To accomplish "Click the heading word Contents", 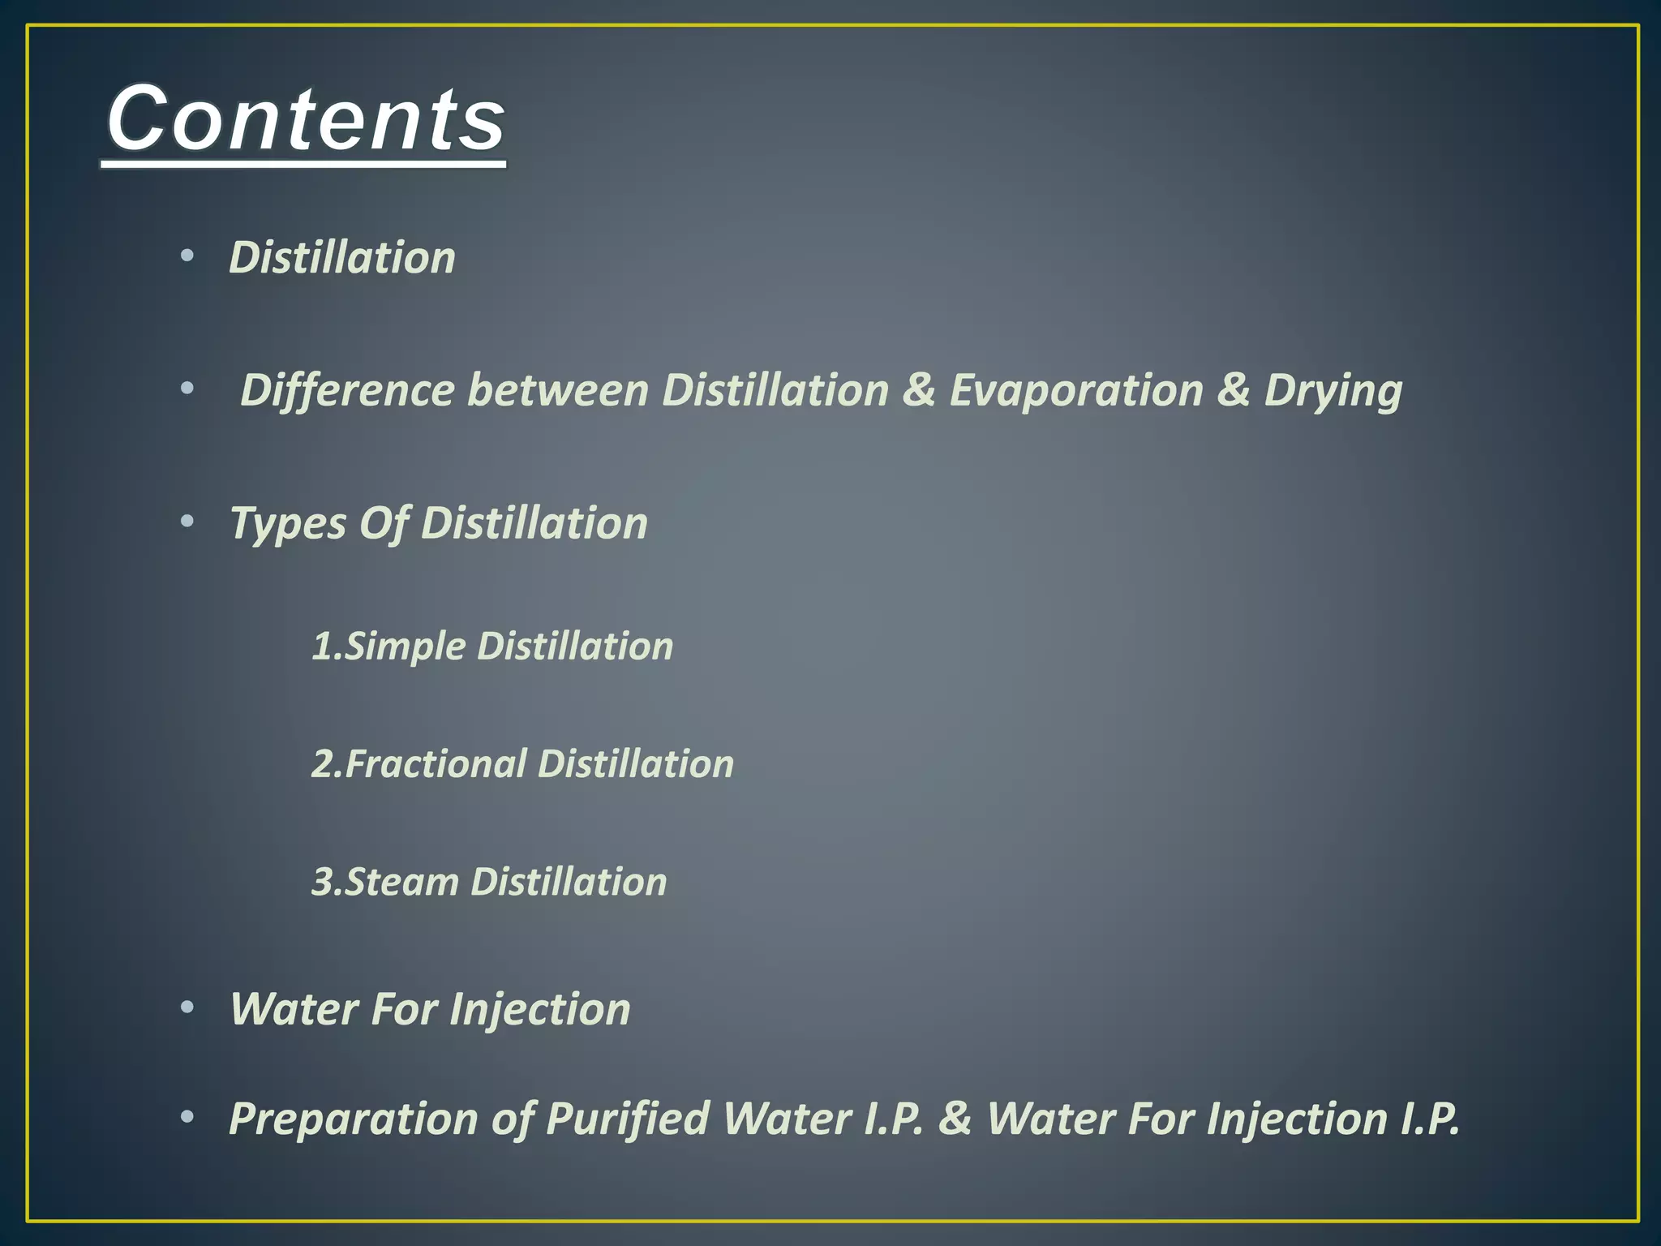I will tap(306, 120).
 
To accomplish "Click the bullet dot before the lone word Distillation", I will tap(187, 256).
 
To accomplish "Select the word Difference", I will tap(348, 390).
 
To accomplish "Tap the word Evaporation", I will tap(1076, 390).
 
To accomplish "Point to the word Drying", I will tap(1333, 392).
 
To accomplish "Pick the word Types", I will tap(288, 524).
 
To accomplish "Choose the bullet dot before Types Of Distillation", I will tap(187, 522).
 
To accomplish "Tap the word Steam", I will tap(402, 882).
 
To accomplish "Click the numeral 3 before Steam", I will tap(322, 882).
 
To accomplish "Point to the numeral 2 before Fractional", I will tap(322, 764).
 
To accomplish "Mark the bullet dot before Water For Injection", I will tap(187, 1008).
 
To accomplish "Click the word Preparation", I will tap(354, 1119).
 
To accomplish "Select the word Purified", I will tap(628, 1119).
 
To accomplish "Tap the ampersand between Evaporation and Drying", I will tap(1233, 390).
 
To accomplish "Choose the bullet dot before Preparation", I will tap(187, 1118).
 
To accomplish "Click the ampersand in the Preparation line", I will tap(955, 1119).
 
